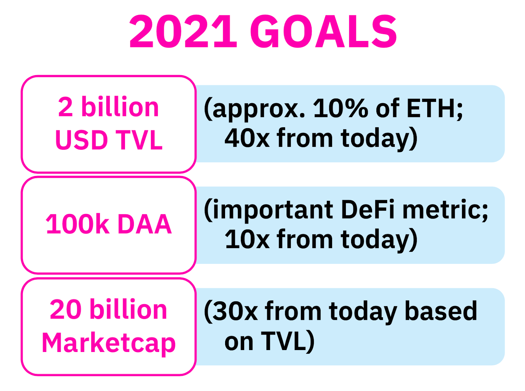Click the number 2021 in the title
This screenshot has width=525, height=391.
tap(183, 31)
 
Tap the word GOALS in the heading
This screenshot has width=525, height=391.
tap(324, 31)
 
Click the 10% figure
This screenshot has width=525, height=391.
tap(341, 108)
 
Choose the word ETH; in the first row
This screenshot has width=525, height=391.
tap(435, 109)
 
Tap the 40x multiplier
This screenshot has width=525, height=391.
tap(247, 138)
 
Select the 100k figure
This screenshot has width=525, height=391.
tap(77, 224)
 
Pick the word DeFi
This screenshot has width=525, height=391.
tap(367, 209)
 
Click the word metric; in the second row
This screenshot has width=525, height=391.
tap(445, 210)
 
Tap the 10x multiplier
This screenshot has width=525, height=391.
tap(247, 239)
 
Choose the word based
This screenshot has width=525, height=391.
tap(441, 310)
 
